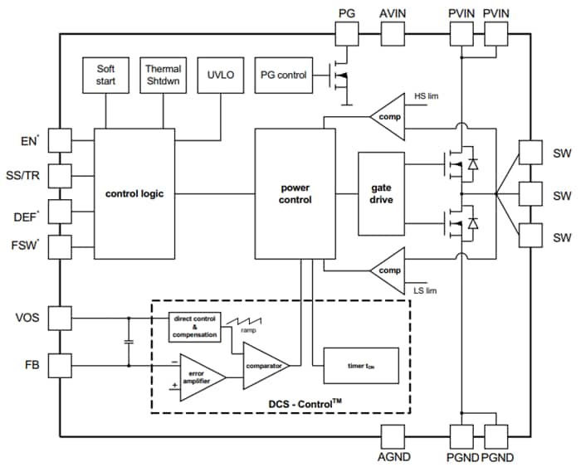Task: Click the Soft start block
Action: pos(106,75)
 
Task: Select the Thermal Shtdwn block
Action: pos(164,75)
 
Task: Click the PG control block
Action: pos(282,75)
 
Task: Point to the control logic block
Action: pos(134,194)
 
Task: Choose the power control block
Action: pos(295,194)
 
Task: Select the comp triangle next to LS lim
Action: pos(384,270)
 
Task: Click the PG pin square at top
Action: pos(346,34)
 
